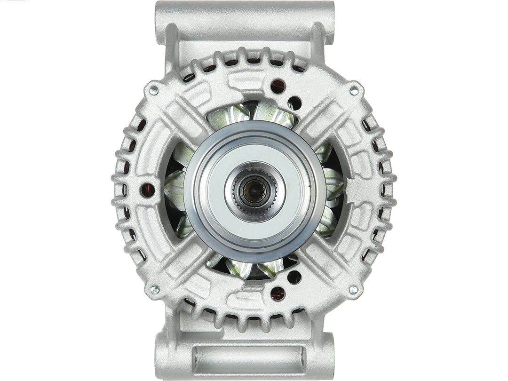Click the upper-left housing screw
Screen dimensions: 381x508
(x=154, y=89)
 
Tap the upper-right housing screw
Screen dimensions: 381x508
(x=354, y=89)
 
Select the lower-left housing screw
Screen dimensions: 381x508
(x=154, y=290)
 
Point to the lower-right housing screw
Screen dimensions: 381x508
(x=354, y=290)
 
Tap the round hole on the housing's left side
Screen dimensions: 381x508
(x=147, y=190)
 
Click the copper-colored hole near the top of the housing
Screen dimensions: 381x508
(x=278, y=86)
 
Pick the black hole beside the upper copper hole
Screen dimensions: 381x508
(x=294, y=103)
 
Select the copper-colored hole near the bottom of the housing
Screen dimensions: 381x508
(x=278, y=294)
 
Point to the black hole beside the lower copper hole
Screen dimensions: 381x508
(x=294, y=277)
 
